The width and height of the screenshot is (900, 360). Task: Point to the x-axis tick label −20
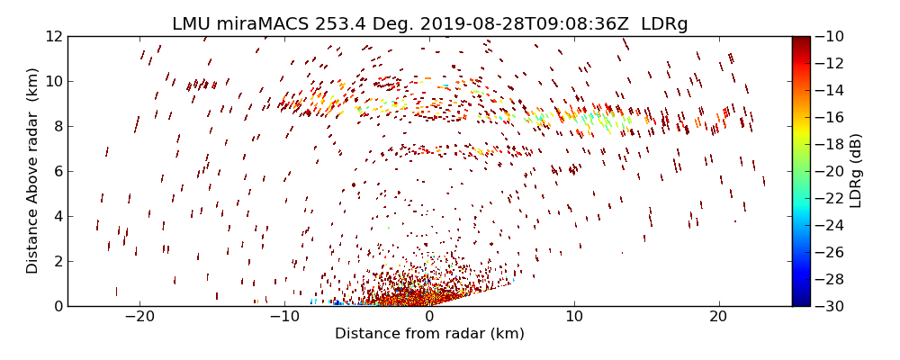tap(139, 317)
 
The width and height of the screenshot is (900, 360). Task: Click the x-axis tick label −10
tap(283, 317)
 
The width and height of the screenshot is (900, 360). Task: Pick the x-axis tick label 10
tap(573, 317)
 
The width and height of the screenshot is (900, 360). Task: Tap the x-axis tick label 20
tap(717, 317)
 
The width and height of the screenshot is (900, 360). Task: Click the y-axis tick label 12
tap(53, 36)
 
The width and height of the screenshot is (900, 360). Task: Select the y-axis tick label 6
tap(57, 171)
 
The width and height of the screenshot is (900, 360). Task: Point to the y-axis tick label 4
tap(57, 216)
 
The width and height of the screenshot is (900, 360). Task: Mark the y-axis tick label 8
tap(57, 126)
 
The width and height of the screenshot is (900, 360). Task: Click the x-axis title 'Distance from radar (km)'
tap(429, 334)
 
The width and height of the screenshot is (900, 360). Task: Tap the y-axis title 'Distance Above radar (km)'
tap(33, 171)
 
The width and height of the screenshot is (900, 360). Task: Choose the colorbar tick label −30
tap(830, 306)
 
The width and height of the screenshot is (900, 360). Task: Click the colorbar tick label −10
tap(830, 36)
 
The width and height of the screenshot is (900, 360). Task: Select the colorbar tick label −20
tap(830, 171)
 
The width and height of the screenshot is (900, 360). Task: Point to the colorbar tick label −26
tap(830, 252)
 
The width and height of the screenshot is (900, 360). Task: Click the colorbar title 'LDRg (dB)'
tap(856, 171)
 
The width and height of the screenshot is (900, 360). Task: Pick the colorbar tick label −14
tap(830, 90)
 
